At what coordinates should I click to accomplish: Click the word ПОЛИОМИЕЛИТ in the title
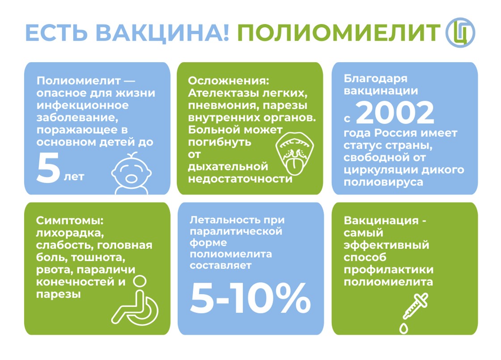[339, 33]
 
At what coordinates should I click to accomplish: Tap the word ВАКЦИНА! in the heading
[162, 33]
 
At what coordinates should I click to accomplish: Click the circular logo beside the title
[460, 33]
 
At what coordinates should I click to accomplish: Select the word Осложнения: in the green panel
[228, 80]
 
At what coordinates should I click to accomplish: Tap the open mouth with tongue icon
[295, 153]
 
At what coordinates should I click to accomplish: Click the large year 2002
[395, 113]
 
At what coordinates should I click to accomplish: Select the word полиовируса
[383, 182]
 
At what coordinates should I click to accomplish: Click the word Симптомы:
[70, 220]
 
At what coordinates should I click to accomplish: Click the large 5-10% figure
[250, 298]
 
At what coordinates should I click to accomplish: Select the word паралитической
[236, 231]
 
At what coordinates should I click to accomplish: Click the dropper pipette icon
[415, 306]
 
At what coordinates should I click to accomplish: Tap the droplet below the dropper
[404, 328]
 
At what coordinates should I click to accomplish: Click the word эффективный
[386, 245]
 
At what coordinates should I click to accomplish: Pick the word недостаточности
[240, 179]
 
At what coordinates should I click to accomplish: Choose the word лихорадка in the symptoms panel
[70, 233]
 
